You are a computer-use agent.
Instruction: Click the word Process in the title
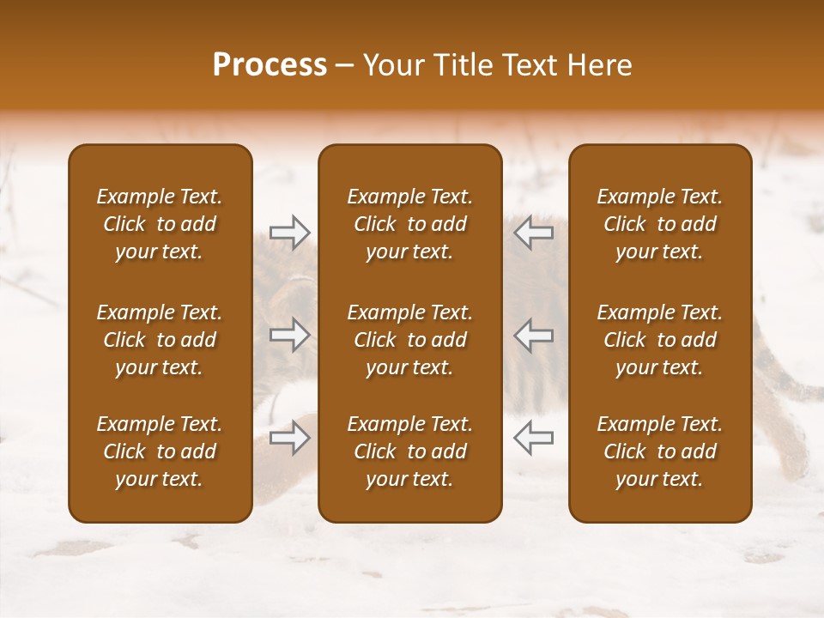270,65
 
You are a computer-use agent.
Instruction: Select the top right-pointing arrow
289,231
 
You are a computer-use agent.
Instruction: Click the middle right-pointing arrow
289,335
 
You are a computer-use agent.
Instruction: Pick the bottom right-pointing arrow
289,438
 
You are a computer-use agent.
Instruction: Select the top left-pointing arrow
533,231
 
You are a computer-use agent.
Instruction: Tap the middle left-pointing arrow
533,335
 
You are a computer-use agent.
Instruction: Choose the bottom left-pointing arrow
533,438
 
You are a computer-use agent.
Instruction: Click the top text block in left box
160,224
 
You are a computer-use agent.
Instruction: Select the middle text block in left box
160,340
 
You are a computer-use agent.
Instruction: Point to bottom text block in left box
160,451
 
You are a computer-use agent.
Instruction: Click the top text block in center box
409,224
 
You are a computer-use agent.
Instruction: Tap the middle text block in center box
409,340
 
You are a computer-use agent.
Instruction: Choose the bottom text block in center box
409,451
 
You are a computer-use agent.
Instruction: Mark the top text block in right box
660,224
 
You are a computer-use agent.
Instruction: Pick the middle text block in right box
660,340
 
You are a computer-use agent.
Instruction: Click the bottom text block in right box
660,451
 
